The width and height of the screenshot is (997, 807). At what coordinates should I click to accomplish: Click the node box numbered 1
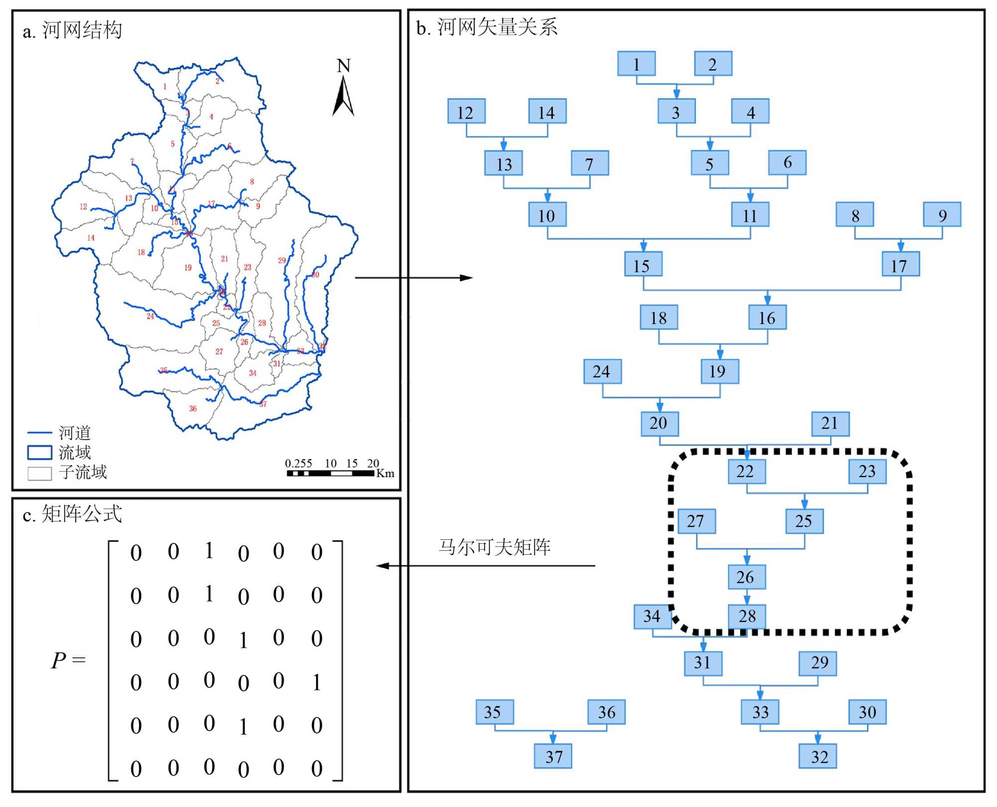coord(636,64)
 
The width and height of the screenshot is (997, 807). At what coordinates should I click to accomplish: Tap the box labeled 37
coord(553,756)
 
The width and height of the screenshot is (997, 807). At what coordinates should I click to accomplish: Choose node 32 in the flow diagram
coord(818,756)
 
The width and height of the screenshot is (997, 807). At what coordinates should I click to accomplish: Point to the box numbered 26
coord(746,577)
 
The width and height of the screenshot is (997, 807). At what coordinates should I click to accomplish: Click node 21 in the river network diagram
coord(830,423)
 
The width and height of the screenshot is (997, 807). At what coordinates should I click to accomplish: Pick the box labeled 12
coord(466,112)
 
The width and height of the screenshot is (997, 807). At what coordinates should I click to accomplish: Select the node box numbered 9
coord(942,215)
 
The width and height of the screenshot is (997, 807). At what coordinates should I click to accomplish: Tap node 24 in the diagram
coord(602,371)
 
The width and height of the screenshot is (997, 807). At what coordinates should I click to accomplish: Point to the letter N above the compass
coord(343,66)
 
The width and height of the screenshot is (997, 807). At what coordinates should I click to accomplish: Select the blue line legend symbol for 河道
coord(39,433)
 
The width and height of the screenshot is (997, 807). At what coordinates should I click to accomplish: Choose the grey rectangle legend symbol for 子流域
coord(39,473)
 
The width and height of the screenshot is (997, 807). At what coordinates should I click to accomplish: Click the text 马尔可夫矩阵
coord(494,547)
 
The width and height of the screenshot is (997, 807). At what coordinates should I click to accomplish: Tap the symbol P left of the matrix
coord(58,660)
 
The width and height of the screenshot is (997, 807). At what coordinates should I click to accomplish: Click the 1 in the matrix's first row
coord(209,551)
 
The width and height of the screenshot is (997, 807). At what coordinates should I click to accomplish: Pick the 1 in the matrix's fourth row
coord(317,682)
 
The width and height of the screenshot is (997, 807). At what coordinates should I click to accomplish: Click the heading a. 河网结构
coord(72,30)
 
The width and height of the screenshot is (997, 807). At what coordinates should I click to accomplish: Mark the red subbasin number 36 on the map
coord(193,409)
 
